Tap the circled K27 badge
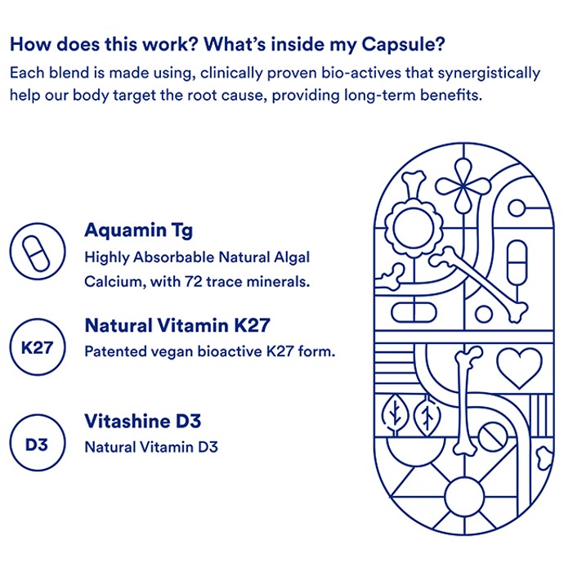click(x=38, y=347)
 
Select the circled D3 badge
click(x=38, y=443)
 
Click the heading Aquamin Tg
click(x=139, y=231)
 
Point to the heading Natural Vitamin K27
click(x=177, y=325)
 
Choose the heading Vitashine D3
click(x=143, y=421)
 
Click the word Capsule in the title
click(x=403, y=45)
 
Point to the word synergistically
click(x=489, y=74)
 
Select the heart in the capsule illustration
click(x=520, y=368)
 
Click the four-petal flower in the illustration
click(x=463, y=186)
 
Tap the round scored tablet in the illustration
click(x=493, y=436)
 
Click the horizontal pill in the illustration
click(x=414, y=313)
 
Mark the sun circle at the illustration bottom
click(x=464, y=497)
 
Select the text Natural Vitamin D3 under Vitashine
click(x=151, y=447)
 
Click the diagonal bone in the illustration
click(x=478, y=284)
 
